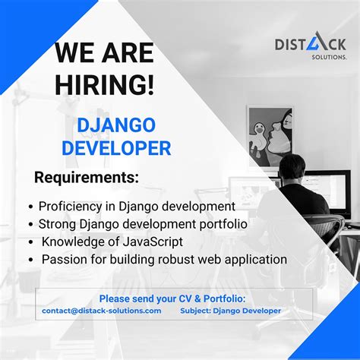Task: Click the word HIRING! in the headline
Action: pyautogui.click(x=105, y=84)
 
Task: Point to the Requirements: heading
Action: pyautogui.click(x=87, y=178)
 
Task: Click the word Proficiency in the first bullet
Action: pyautogui.click(x=69, y=206)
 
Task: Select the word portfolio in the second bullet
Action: pyautogui.click(x=220, y=224)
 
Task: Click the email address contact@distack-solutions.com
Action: pyautogui.click(x=102, y=311)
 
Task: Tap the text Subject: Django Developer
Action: pyautogui.click(x=230, y=311)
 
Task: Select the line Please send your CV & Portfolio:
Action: pyautogui.click(x=173, y=298)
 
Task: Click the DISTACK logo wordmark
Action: pyautogui.click(x=310, y=45)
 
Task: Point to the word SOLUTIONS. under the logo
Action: pyautogui.click(x=327, y=58)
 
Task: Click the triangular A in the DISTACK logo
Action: pyautogui.click(x=320, y=43)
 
